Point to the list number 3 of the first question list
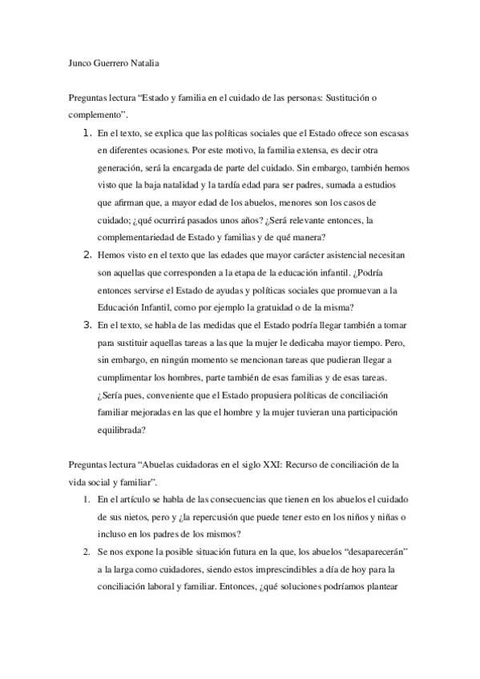[x=87, y=326]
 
